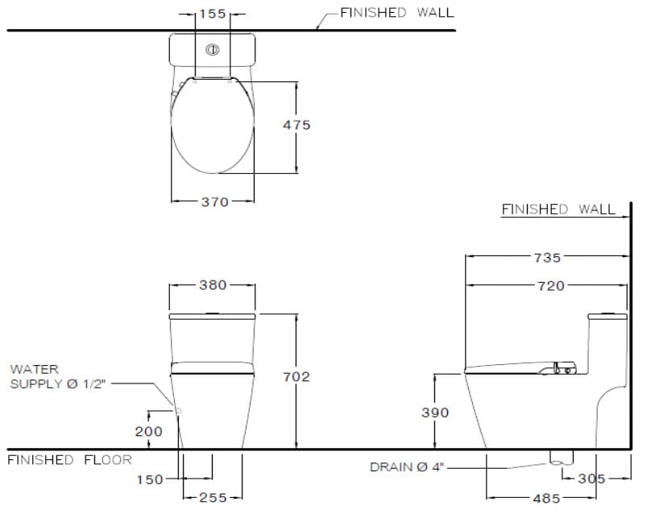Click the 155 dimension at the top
[x=214, y=14]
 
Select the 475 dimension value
[x=296, y=125]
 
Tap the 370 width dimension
[x=214, y=202]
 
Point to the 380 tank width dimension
[x=213, y=284]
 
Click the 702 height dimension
[x=296, y=376]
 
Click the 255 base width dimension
[x=213, y=498]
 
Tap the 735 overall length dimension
[x=547, y=257]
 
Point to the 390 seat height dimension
[x=435, y=413]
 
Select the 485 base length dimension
[x=546, y=498]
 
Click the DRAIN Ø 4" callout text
[x=407, y=466]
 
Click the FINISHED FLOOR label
[x=69, y=460]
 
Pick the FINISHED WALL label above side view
[x=558, y=209]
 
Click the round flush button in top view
[x=213, y=50]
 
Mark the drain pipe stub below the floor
[x=559, y=458]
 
